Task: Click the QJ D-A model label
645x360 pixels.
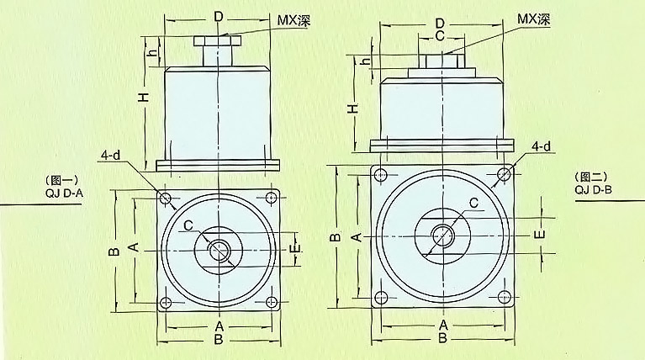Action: pyautogui.click(x=65, y=193)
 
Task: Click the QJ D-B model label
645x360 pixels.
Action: pyautogui.click(x=594, y=189)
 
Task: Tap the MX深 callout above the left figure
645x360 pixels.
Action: pyautogui.click(x=293, y=20)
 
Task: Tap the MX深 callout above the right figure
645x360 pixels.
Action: pyautogui.click(x=533, y=19)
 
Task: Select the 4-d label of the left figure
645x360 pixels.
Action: pyautogui.click(x=111, y=155)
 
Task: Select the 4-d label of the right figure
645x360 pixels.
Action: pyautogui.click(x=542, y=146)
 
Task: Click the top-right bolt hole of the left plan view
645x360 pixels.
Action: pyautogui.click(x=271, y=198)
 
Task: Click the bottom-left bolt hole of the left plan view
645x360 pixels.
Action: pyautogui.click(x=166, y=303)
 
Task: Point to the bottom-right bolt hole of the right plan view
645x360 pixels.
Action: pyautogui.click(x=505, y=297)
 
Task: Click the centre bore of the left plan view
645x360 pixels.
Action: pyautogui.click(x=219, y=250)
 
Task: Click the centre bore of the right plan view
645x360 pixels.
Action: pyautogui.click(x=442, y=236)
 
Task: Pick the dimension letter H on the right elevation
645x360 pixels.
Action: pyautogui.click(x=353, y=109)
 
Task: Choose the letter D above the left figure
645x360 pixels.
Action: pyautogui.click(x=219, y=17)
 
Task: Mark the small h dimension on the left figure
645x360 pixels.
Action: pyautogui.click(x=152, y=53)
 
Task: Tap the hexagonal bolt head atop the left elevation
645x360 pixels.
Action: pyautogui.click(x=218, y=41)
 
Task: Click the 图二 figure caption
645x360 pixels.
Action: pyautogui.click(x=591, y=177)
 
